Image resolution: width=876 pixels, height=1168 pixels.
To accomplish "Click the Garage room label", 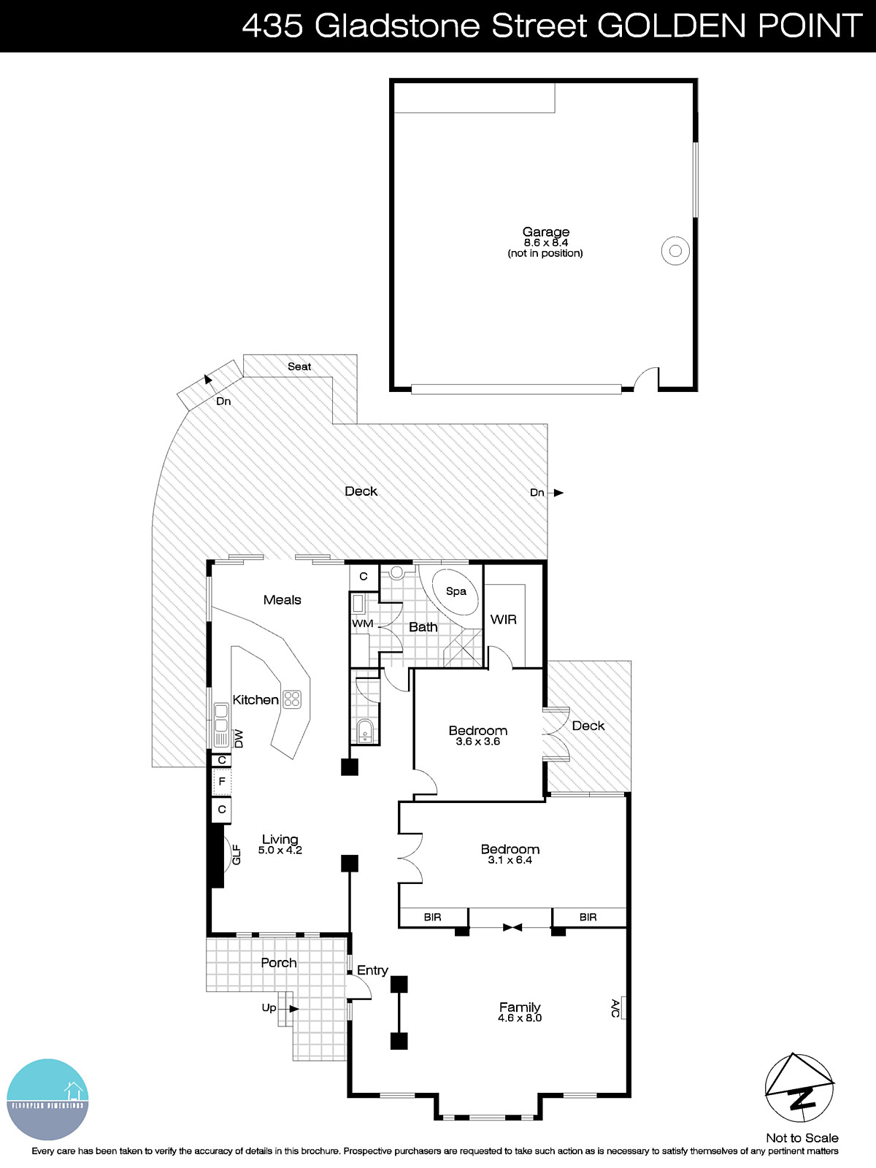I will [x=545, y=232].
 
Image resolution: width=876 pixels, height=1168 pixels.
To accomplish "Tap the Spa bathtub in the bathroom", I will [x=456, y=591].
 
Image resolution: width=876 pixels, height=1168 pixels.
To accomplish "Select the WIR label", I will [x=503, y=619].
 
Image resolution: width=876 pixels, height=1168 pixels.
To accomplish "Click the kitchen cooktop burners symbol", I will [x=292, y=699].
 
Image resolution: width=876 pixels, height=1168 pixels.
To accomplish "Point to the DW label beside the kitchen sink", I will [x=239, y=738].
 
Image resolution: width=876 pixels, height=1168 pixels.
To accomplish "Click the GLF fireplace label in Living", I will [x=236, y=854].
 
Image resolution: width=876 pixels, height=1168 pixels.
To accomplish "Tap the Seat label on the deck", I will [x=299, y=366].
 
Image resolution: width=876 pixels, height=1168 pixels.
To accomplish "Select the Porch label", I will [x=279, y=963].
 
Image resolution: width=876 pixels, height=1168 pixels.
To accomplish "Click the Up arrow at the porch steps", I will [x=293, y=1009].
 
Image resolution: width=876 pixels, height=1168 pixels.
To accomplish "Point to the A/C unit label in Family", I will [x=615, y=1009].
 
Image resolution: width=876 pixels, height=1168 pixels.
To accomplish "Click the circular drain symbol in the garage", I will [x=675, y=251].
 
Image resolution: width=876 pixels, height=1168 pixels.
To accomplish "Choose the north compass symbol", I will [x=800, y=1088].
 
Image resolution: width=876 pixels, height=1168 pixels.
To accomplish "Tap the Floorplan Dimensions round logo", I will [x=47, y=1099].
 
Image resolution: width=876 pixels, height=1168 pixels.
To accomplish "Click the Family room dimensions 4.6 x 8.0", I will [x=520, y=1018].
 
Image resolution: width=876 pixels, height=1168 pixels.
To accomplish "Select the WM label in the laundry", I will [x=362, y=623].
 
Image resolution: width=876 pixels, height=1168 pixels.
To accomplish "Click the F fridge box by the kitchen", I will [x=222, y=783].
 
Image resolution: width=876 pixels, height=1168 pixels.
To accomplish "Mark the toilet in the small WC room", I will [x=365, y=731].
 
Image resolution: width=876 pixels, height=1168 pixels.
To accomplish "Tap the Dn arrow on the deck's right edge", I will [x=558, y=493].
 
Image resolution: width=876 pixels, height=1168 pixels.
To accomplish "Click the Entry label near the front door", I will [x=372, y=970].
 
